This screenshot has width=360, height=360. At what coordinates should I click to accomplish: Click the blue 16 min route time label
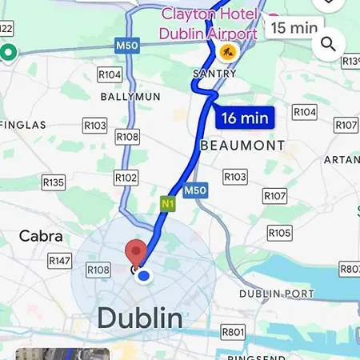pyautogui.click(x=245, y=118)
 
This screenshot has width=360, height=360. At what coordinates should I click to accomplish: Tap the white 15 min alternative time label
pyautogui.click(x=293, y=27)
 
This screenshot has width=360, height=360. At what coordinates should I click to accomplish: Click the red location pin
pyautogui.click(x=138, y=252)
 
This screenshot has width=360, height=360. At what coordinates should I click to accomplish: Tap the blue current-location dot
pyautogui.click(x=144, y=276)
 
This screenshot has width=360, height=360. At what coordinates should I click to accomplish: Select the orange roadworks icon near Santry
pyautogui.click(x=227, y=54)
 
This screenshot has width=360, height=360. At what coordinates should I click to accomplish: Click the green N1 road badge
pyautogui.click(x=167, y=203)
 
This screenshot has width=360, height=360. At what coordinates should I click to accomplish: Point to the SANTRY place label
pyautogui.click(x=215, y=74)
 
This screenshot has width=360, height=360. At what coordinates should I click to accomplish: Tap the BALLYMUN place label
pyautogui.click(x=130, y=96)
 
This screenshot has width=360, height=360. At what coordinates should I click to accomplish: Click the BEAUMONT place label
pyautogui.click(x=242, y=146)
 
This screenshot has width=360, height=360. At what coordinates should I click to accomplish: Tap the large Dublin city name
pyautogui.click(x=140, y=318)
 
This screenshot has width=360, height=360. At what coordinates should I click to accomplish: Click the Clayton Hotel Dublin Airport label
pyautogui.click(x=209, y=24)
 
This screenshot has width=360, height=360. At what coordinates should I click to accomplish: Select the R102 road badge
pyautogui.click(x=126, y=178)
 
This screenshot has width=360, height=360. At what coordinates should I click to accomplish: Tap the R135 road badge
pyautogui.click(x=54, y=182)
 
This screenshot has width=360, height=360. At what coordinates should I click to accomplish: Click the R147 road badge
pyautogui.click(x=60, y=261)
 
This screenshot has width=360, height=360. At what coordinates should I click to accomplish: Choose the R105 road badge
pyautogui.click(x=279, y=233)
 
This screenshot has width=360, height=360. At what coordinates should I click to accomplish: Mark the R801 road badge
pyautogui.click(x=233, y=331)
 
